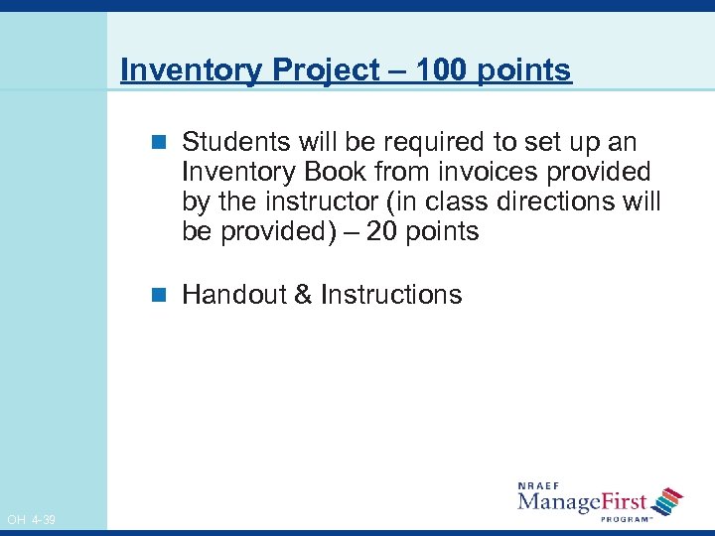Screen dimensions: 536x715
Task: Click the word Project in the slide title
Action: (319, 70)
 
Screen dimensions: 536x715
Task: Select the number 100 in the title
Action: (437, 70)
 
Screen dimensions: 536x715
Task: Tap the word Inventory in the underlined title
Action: (185, 70)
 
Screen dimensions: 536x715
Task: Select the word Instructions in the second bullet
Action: (391, 295)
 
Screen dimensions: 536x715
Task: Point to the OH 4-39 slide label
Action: (31, 520)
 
